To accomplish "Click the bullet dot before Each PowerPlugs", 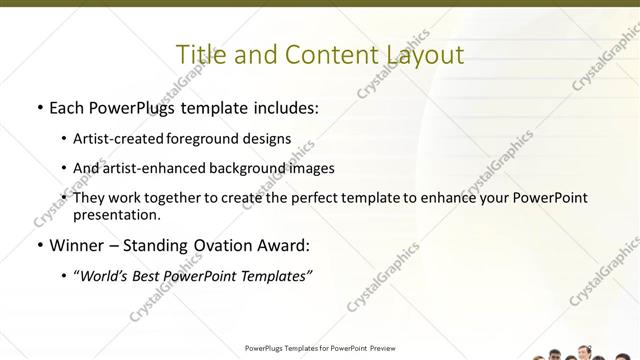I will tap(38, 107).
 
